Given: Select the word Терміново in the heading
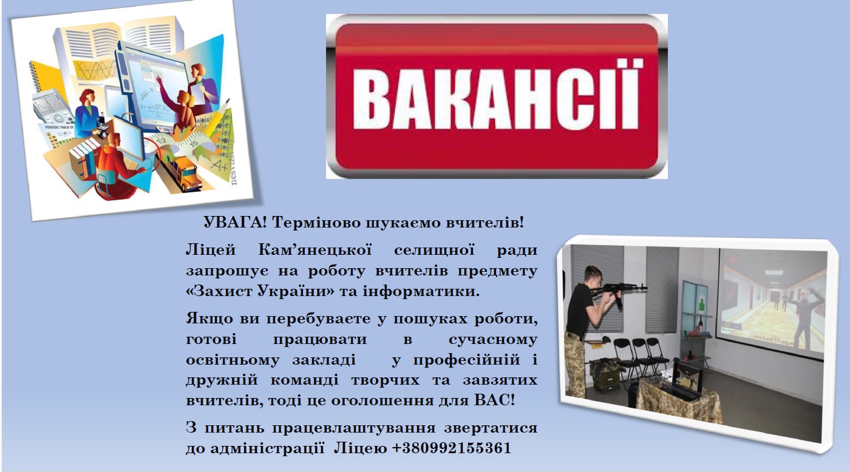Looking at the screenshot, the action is [x=316, y=223].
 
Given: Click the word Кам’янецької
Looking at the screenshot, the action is [x=315, y=250].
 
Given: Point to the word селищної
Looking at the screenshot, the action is [x=434, y=250].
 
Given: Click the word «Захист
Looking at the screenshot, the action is [x=219, y=291].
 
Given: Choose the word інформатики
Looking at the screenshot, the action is [x=421, y=292].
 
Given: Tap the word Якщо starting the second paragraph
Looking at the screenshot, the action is [x=209, y=319].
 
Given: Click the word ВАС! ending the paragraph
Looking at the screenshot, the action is [x=495, y=400].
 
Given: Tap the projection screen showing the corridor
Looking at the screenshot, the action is [x=772, y=301].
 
